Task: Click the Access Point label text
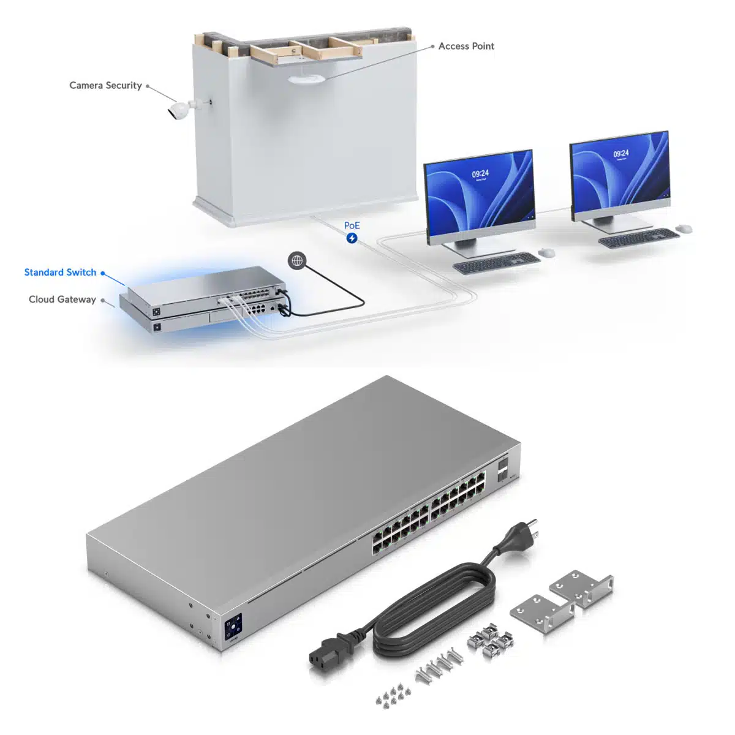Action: tap(466, 46)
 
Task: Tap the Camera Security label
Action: tap(105, 85)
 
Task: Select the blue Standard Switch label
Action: tap(60, 273)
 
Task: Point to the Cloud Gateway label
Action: tap(62, 300)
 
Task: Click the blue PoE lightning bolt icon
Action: tap(352, 238)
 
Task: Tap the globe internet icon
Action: tap(297, 261)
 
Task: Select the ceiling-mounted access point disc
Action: tap(306, 79)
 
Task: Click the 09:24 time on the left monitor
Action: tap(480, 174)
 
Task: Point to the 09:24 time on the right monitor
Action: tap(621, 153)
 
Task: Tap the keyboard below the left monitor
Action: tap(496, 263)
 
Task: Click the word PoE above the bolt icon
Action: tap(352, 226)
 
